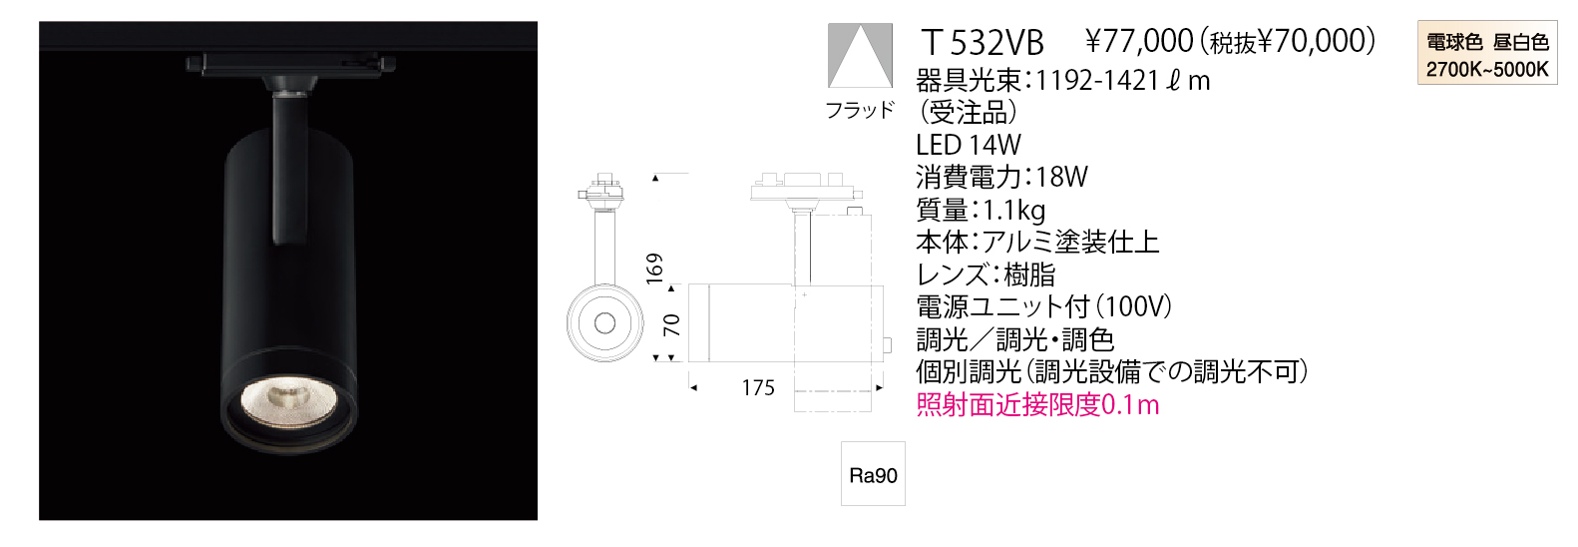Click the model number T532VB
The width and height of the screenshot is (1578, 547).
pos(983,44)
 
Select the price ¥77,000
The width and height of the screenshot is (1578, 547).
pos(1139,42)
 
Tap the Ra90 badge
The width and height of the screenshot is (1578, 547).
pos(873,474)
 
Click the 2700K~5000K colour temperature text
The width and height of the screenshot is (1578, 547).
pos(1487,70)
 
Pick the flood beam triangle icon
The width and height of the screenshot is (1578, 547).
pos(860,56)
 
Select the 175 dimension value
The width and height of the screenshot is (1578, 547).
pos(758,388)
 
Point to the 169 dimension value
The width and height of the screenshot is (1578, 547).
pos(655,269)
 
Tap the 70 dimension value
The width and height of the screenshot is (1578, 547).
pos(672,325)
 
